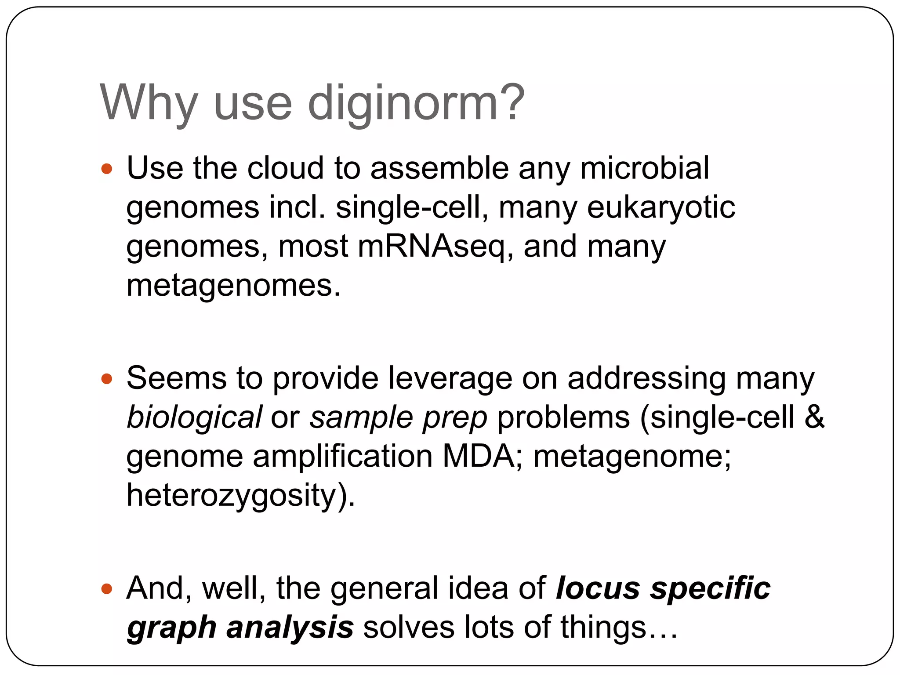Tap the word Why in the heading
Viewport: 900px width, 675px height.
point(149,104)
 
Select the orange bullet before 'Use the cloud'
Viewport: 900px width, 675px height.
point(107,168)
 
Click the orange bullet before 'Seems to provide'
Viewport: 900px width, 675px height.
point(107,378)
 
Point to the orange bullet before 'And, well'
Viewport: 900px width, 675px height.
point(107,588)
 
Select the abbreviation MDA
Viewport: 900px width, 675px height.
point(479,456)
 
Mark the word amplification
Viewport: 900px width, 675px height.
point(342,456)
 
